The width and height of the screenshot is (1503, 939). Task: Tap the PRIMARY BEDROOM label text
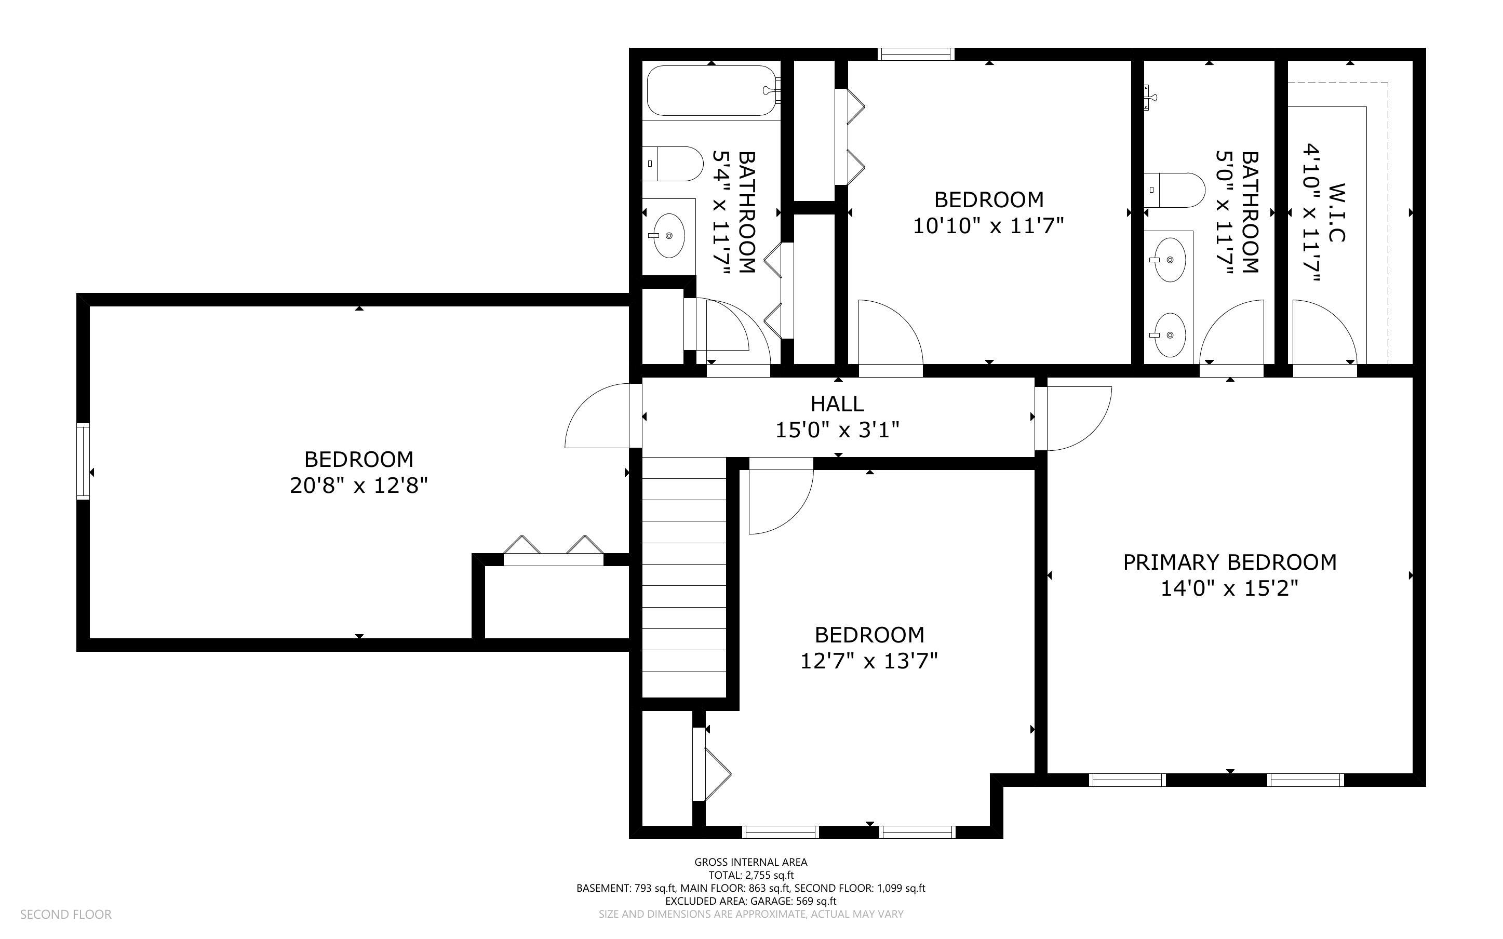coord(1229,562)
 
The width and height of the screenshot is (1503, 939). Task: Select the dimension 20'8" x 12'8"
coord(359,485)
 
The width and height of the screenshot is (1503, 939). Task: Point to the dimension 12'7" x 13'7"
coord(868,661)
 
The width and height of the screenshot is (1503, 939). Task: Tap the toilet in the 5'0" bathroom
coord(1175,190)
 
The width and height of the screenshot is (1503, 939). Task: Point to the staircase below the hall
coord(683,578)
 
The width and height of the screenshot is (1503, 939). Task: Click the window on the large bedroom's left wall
coord(83,460)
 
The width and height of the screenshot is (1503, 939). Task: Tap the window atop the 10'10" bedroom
coord(916,54)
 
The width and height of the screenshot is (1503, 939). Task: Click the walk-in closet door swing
coord(1324,332)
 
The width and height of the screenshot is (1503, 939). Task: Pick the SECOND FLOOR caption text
coord(66,914)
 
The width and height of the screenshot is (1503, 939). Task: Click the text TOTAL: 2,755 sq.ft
coord(750,875)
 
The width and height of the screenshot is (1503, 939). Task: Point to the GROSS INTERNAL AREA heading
coord(750,862)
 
